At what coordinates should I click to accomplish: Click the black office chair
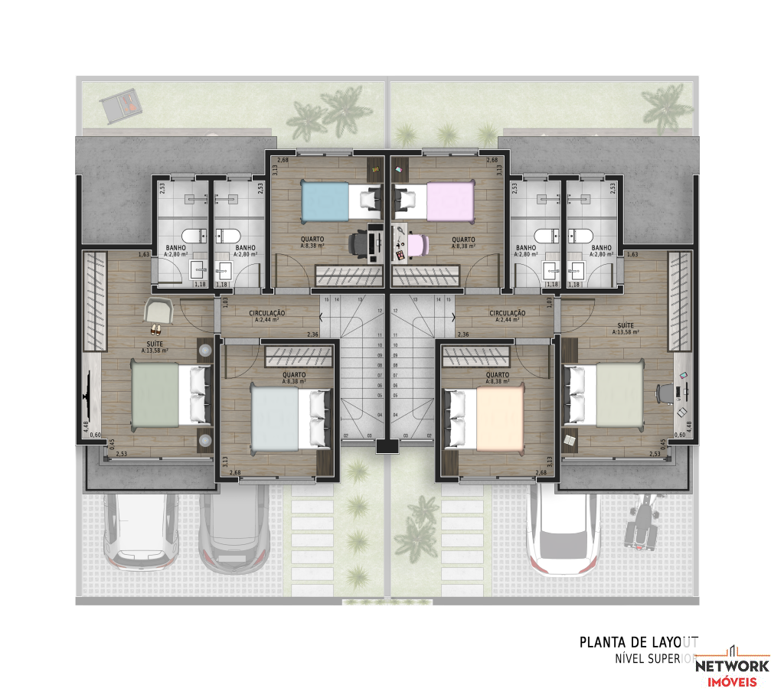359,244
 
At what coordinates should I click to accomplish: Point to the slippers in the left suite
155,330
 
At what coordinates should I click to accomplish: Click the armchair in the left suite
158,310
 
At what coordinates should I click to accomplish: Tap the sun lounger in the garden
122,106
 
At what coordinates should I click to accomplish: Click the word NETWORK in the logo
732,666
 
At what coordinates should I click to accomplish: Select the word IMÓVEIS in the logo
732,682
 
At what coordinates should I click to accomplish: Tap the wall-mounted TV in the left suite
87,396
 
